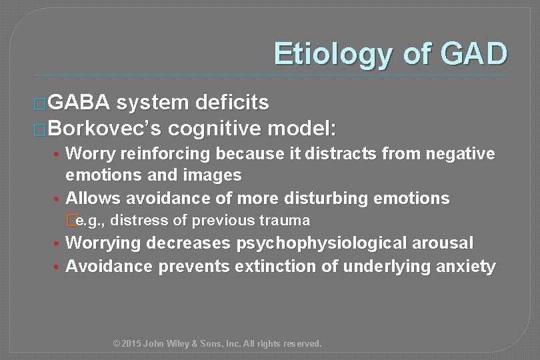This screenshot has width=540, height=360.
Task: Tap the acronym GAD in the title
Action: pos(473,54)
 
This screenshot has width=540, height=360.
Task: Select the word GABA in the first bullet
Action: pos(81,103)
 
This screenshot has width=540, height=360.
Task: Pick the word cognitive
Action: pos(217,127)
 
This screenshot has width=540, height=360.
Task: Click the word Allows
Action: pos(94,198)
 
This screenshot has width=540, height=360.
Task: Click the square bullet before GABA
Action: pos(39,104)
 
